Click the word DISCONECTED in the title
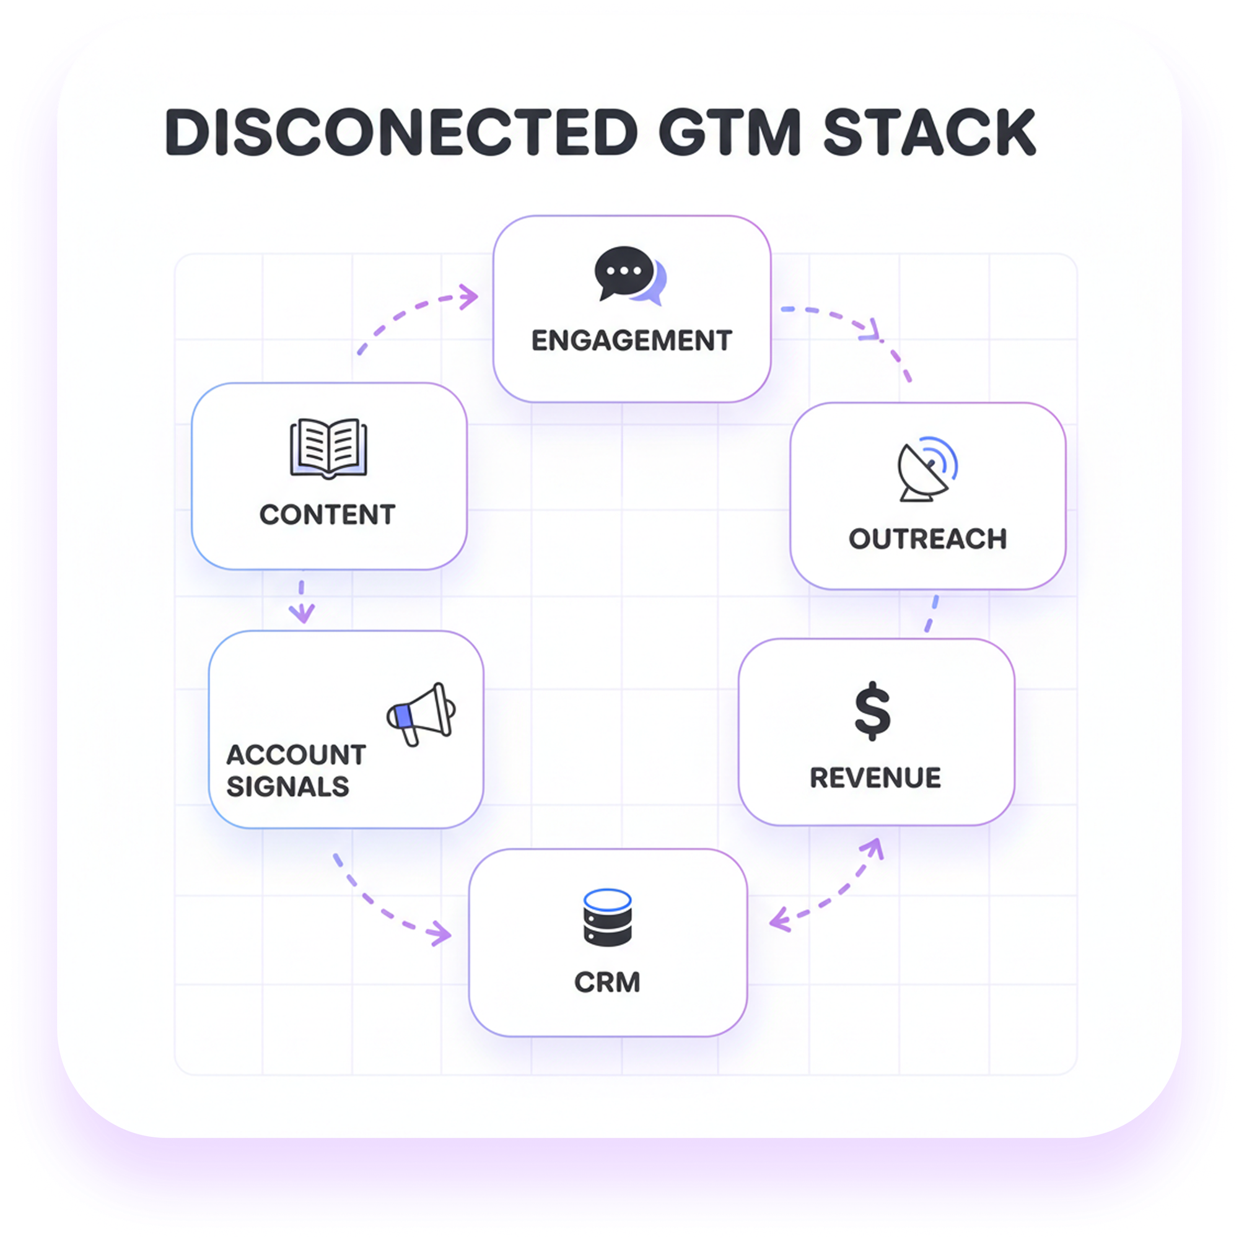coord(401,132)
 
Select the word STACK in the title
coord(929,132)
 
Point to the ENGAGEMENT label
coord(632,341)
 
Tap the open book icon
coord(328,448)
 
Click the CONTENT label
coord(328,515)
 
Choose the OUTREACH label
coord(927,540)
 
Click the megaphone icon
coord(421,714)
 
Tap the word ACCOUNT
coord(296,755)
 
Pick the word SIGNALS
coord(288,787)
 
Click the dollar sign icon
coord(873,711)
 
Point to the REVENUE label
coord(875,778)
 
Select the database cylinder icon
coord(607,917)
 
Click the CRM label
coord(607,983)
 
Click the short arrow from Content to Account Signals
coord(302,602)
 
